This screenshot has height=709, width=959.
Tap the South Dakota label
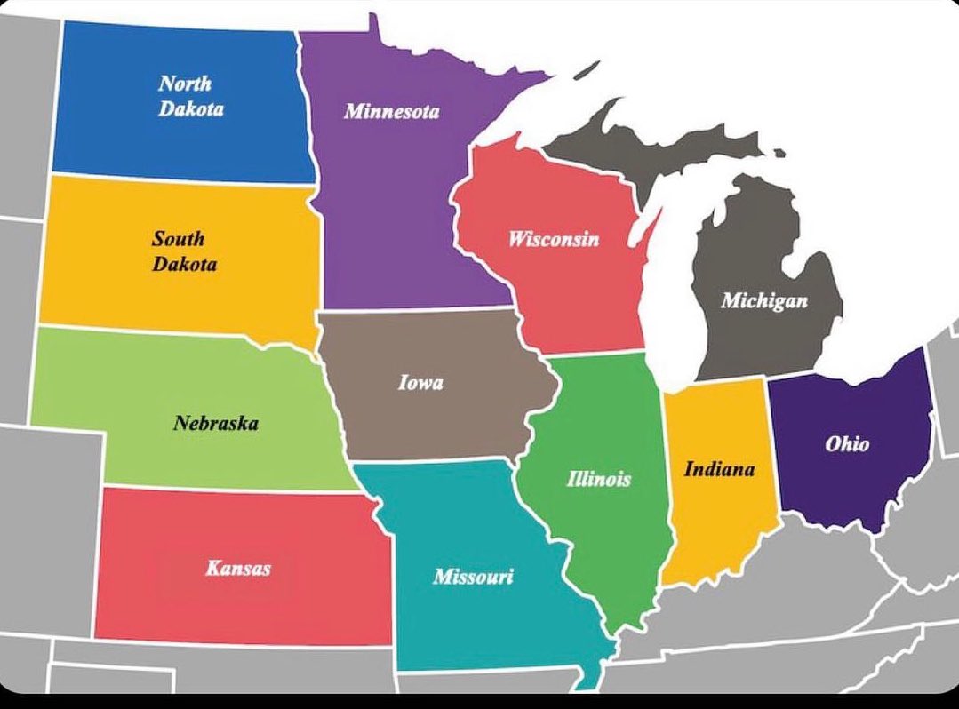(x=183, y=251)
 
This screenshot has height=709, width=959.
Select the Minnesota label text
(x=391, y=112)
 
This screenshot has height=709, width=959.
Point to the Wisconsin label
(x=553, y=239)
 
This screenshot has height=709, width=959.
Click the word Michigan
(x=763, y=300)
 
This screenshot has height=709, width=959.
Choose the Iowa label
(x=420, y=384)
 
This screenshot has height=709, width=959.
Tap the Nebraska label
(x=216, y=423)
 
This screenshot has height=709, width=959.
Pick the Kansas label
(x=237, y=567)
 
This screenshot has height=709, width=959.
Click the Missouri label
(x=472, y=577)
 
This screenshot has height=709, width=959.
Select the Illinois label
(x=598, y=478)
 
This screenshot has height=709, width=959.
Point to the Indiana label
(x=718, y=468)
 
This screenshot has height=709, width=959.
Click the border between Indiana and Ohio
(x=772, y=444)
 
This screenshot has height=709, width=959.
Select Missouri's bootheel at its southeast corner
(x=588, y=677)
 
